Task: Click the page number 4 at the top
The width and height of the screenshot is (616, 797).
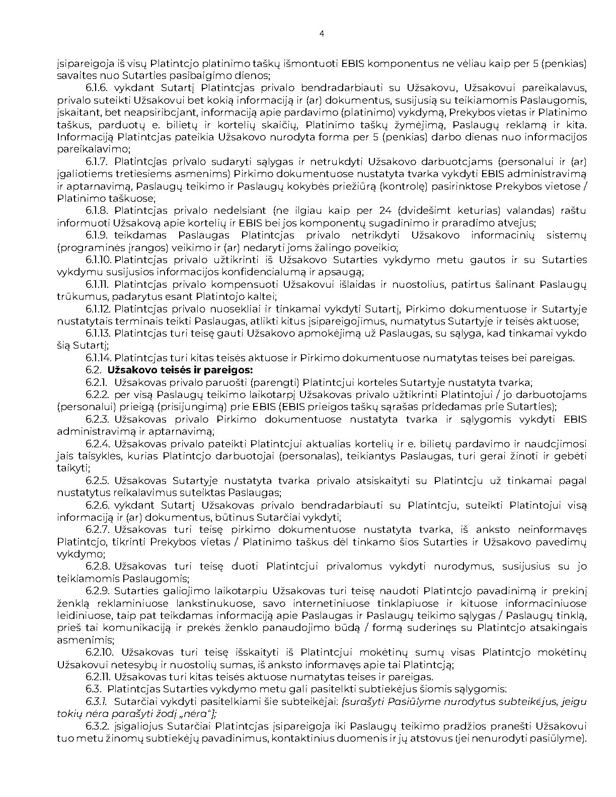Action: click(x=322, y=34)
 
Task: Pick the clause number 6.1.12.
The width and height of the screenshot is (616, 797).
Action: click(x=98, y=309)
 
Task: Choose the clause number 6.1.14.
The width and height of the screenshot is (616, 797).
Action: click(x=98, y=358)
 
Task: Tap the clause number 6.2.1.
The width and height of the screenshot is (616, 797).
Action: click(x=96, y=382)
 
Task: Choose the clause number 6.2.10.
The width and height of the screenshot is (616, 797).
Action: click(x=99, y=653)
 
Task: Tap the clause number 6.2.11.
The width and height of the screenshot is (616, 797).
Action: click(x=98, y=677)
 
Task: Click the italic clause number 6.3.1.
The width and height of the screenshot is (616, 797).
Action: click(x=96, y=701)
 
